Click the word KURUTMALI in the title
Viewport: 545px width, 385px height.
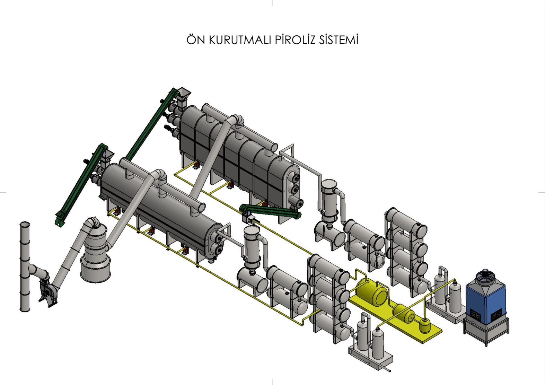[240, 40]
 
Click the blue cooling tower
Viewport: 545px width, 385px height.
[486, 298]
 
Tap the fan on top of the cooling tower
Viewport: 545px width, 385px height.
[485, 274]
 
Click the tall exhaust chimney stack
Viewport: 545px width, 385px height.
[25, 266]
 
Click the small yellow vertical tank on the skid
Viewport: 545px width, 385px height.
[425, 326]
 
